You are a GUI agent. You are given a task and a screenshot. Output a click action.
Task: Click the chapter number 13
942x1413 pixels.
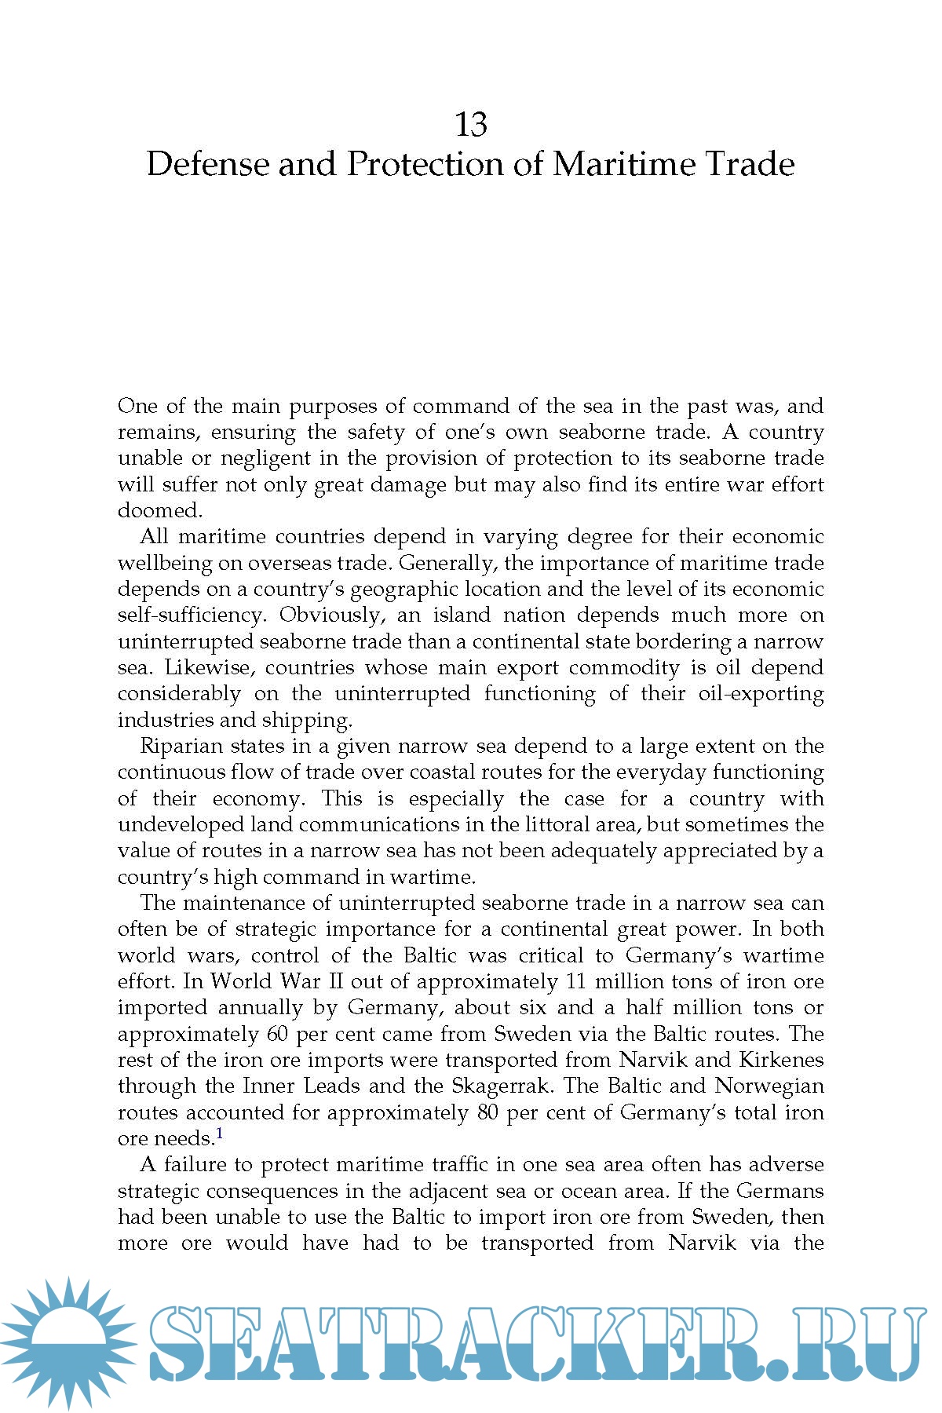471,124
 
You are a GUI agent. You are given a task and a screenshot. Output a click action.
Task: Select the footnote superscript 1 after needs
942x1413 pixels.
220,1134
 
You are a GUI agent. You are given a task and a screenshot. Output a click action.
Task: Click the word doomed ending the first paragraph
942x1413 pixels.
159,510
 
